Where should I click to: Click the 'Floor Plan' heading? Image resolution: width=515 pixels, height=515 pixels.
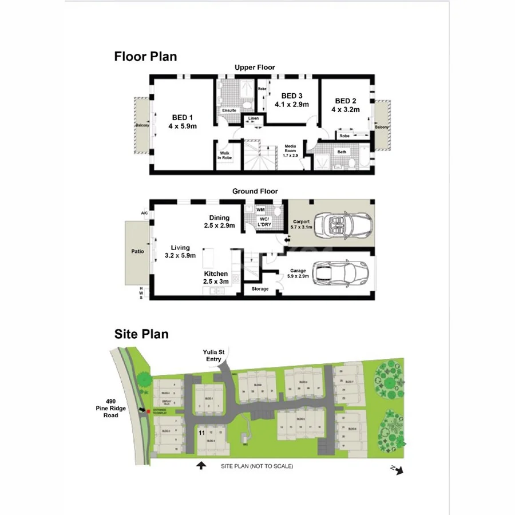pos(145,57)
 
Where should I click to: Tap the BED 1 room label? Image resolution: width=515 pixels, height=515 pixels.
pos(182,122)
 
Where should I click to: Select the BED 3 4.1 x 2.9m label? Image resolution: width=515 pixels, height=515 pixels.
pos(291,100)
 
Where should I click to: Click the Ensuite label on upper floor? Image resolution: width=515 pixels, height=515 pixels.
pos(229,110)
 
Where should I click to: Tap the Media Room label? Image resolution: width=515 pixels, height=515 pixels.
pos(291,150)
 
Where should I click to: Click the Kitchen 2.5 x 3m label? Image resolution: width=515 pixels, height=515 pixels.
pos(216,278)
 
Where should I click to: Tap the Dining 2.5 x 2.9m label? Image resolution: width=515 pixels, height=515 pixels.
pos(219,221)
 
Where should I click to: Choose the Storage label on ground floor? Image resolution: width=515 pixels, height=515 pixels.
pos(259,289)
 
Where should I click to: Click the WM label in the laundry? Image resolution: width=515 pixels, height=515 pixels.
pos(260,211)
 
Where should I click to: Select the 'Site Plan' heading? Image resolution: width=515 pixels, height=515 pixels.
pos(141,334)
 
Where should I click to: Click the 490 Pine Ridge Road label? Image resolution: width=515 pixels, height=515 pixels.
pos(107,407)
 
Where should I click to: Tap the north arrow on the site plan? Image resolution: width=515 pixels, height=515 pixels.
pos(399,470)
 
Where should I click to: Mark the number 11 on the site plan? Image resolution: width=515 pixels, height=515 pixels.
pos(201,433)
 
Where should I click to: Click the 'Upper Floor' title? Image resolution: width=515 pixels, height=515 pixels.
pos(254,68)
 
